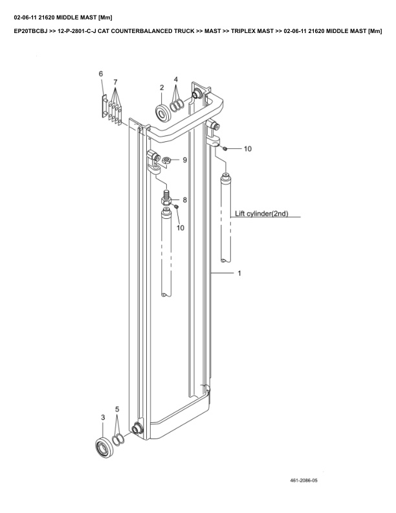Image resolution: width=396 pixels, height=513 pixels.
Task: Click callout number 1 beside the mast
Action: click(x=239, y=273)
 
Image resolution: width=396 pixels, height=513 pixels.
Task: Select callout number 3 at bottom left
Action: click(x=102, y=418)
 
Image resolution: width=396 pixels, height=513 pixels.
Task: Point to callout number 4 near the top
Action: click(x=175, y=80)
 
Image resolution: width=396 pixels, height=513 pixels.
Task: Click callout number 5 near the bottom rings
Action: click(x=117, y=409)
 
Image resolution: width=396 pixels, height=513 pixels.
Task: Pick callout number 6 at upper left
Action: click(x=100, y=74)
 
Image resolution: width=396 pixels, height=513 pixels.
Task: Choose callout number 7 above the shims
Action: click(x=115, y=82)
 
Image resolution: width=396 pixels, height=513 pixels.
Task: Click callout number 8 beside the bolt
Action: click(x=184, y=200)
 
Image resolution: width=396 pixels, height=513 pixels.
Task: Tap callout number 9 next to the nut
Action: click(x=184, y=159)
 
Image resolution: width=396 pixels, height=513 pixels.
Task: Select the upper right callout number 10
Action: click(x=247, y=148)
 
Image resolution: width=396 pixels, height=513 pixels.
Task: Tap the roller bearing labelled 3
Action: click(x=102, y=446)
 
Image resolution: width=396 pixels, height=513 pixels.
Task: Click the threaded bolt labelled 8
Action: click(x=166, y=196)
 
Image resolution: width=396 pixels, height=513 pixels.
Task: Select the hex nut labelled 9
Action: click(x=167, y=159)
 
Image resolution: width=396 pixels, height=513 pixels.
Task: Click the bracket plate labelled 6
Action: click(x=104, y=106)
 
